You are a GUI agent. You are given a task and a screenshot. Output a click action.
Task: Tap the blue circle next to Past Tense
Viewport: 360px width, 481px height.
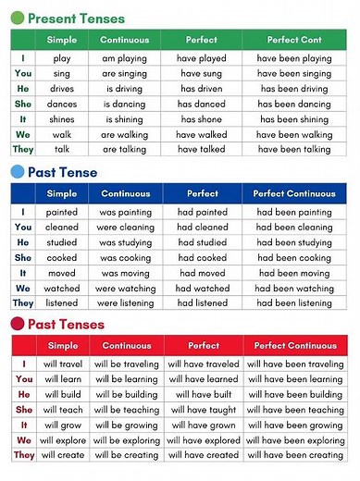click(16, 172)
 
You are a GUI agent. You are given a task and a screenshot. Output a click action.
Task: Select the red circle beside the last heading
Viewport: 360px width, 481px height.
click(16, 324)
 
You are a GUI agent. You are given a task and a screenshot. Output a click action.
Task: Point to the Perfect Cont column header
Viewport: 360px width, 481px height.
click(294, 41)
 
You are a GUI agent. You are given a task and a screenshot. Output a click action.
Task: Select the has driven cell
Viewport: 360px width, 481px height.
click(202, 89)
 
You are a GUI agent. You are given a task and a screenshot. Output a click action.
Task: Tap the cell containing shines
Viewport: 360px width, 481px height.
click(62, 118)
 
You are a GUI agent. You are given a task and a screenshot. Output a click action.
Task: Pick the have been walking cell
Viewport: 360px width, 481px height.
click(294, 134)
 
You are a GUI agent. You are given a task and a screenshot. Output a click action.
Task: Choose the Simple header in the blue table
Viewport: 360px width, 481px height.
click(62, 194)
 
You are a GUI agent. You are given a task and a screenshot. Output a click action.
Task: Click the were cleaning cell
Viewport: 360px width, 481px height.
click(124, 227)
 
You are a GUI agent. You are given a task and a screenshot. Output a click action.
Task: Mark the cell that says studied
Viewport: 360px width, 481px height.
click(62, 242)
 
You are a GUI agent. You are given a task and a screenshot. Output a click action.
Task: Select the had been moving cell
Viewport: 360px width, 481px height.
click(294, 273)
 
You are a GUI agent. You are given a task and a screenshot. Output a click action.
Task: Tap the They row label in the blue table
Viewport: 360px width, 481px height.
click(23, 303)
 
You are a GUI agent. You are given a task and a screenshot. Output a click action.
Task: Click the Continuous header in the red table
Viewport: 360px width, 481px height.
click(126, 346)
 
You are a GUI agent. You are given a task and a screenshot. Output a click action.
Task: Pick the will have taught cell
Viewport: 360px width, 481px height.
click(204, 410)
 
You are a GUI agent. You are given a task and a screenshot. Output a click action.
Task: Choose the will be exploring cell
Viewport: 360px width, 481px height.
click(126, 440)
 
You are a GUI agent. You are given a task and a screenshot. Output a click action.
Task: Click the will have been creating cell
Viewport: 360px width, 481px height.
click(294, 455)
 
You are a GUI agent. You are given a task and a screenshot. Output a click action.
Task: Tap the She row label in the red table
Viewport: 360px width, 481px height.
click(23, 410)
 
